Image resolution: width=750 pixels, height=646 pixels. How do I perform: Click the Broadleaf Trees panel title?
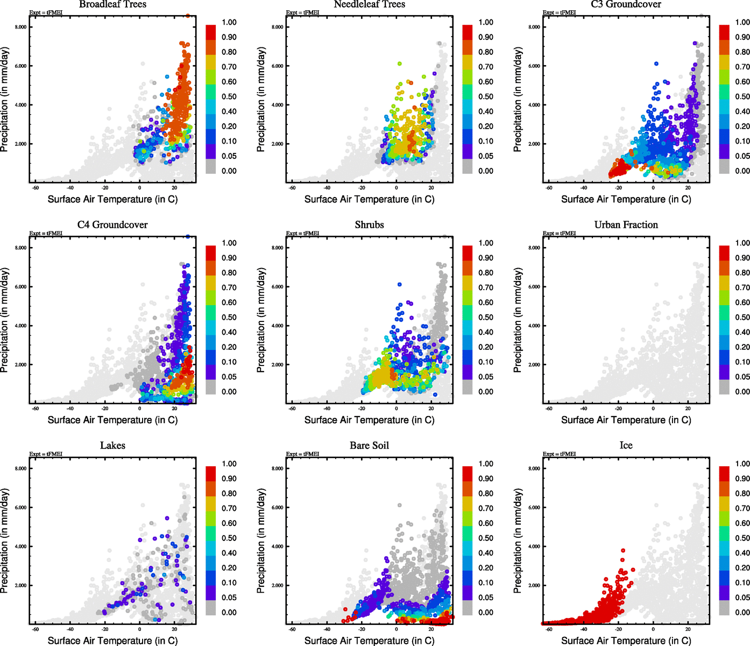click(112, 4)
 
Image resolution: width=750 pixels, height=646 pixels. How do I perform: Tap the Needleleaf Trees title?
click(369, 4)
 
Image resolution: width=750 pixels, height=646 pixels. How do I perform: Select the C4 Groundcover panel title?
click(112, 225)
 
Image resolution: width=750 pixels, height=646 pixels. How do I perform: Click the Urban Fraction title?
click(626, 225)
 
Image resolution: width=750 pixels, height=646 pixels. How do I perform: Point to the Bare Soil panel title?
click(369, 446)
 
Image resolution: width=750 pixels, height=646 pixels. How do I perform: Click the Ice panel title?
click(626, 446)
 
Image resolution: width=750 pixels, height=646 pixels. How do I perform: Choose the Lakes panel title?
click(112, 446)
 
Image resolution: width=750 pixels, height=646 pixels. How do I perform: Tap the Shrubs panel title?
click(369, 225)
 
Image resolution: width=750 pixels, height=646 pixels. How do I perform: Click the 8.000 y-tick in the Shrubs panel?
click(277, 248)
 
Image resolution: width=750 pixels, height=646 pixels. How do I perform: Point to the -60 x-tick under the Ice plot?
click(549, 629)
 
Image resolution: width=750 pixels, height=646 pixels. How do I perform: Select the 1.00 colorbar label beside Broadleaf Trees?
click(229, 23)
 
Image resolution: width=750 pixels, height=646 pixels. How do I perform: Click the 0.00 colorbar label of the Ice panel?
click(742, 613)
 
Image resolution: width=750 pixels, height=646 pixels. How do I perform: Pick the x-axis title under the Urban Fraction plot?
click(626, 420)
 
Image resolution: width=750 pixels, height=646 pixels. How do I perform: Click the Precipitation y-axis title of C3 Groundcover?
click(518, 99)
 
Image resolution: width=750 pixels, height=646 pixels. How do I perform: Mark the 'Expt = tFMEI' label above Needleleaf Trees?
click(302, 12)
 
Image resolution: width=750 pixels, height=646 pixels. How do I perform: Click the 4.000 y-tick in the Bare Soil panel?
click(277, 546)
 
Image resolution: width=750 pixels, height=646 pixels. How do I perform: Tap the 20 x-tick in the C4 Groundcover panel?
click(174, 409)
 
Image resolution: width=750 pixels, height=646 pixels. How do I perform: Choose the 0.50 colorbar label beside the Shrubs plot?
click(486, 318)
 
